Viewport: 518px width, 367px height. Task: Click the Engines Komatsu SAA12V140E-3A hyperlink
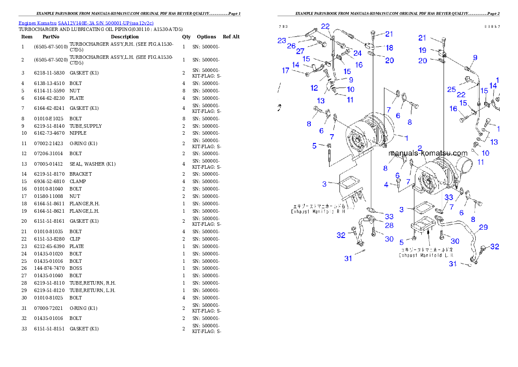click(86, 23)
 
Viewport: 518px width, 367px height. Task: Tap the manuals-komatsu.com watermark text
click(428, 153)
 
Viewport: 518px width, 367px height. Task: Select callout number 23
click(282, 41)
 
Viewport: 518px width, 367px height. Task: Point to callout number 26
click(291, 46)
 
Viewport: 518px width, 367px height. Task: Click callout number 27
click(300, 51)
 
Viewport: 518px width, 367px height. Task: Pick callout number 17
click(286, 71)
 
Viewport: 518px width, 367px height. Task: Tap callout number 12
click(314, 88)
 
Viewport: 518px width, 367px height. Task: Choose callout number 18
click(389, 48)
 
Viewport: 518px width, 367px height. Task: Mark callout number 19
click(422, 51)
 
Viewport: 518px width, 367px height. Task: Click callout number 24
click(357, 54)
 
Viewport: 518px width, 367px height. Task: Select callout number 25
click(451, 90)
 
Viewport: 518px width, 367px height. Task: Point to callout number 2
click(420, 148)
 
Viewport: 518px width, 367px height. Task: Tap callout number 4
click(386, 185)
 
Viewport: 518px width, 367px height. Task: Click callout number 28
click(389, 225)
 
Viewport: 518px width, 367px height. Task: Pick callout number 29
click(483, 228)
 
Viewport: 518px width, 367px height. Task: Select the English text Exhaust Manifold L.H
click(426, 255)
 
